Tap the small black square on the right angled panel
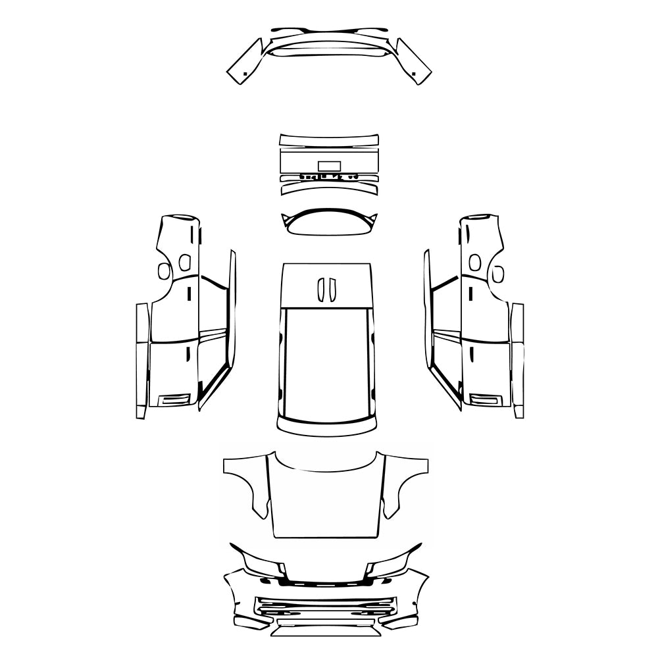[x=416, y=72]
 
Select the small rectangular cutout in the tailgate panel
[x=328, y=166]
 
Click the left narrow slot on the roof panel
[x=321, y=290]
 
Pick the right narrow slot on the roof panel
[x=332, y=290]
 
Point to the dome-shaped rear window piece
[x=328, y=224]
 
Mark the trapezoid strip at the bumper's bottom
[x=327, y=630]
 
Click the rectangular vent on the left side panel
[x=174, y=399]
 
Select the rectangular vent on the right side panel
[x=485, y=399]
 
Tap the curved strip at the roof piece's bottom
[x=327, y=428]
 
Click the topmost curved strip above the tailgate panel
[x=329, y=139]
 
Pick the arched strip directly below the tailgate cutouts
[x=329, y=188]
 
